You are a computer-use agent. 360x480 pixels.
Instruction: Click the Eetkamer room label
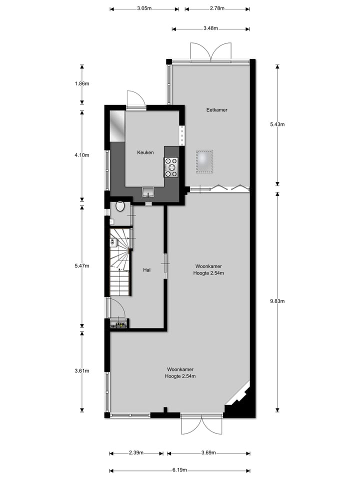(216, 109)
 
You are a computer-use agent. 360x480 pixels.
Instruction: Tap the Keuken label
(145, 152)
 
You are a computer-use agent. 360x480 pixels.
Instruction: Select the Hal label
(147, 270)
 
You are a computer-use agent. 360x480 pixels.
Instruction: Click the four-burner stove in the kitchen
(171, 167)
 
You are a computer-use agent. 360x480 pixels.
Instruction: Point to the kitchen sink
(148, 191)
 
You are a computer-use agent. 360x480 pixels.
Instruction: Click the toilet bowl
(120, 205)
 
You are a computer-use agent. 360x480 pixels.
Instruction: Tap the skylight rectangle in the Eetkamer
(205, 161)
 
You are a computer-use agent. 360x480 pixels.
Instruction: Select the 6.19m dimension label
(179, 470)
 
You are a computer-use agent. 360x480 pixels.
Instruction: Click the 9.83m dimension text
(277, 301)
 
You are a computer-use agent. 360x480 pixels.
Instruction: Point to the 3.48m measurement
(210, 28)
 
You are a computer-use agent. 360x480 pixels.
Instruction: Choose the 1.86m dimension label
(81, 83)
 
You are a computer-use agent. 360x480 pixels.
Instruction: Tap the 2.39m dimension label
(136, 453)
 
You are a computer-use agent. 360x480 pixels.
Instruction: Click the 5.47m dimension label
(81, 265)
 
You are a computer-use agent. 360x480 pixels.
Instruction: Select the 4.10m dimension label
(81, 154)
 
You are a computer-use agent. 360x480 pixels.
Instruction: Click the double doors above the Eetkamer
(210, 52)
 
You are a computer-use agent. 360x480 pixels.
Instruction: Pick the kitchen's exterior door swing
(135, 99)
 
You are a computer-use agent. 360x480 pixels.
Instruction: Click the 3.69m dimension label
(209, 453)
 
